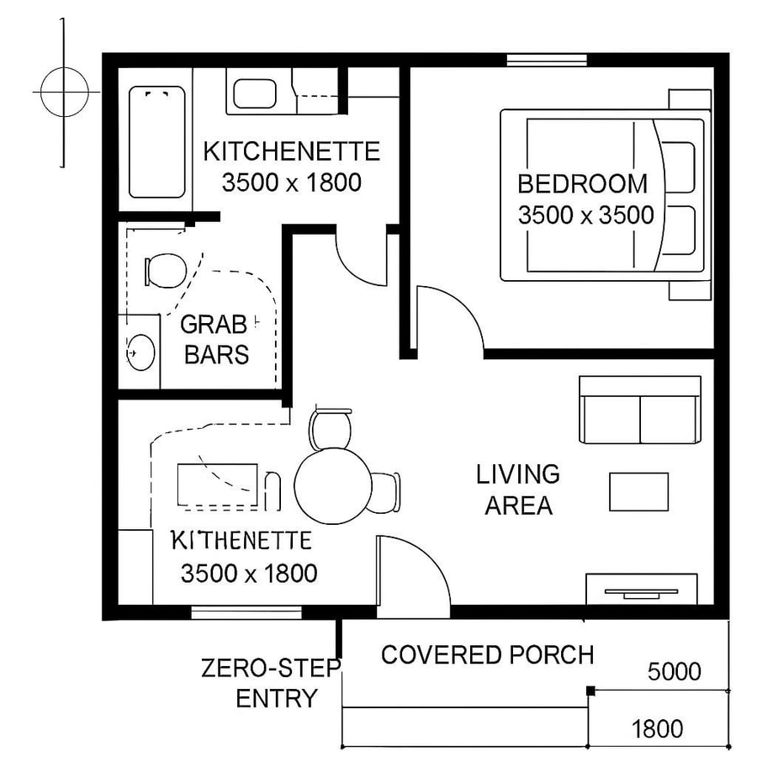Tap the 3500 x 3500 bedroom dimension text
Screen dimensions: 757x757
[x=585, y=215]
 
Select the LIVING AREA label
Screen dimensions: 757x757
[x=517, y=490]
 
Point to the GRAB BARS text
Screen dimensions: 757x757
[x=216, y=339]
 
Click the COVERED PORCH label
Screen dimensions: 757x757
[x=488, y=654]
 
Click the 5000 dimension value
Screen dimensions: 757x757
[x=674, y=671]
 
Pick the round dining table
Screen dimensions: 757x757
[x=333, y=486]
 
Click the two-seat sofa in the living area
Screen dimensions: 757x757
[x=640, y=410]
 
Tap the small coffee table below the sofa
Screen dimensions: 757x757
[x=638, y=492]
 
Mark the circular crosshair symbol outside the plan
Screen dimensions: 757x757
[x=62, y=91]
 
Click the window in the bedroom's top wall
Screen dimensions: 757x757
[x=546, y=60]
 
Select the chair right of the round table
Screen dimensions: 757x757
[x=385, y=492]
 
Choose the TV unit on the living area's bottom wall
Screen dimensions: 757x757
[x=642, y=589]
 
